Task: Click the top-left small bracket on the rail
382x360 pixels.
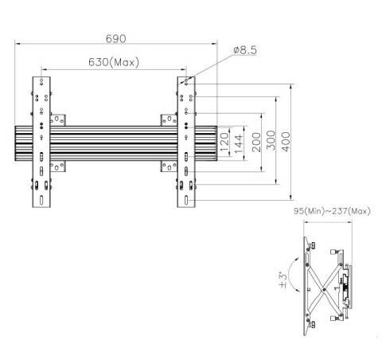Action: (x=58, y=119)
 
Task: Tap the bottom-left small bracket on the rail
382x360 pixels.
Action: (x=58, y=167)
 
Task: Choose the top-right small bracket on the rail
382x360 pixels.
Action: (x=169, y=119)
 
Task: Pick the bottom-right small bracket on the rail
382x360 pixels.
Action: (x=169, y=167)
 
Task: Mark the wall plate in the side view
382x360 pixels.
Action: (x=306, y=282)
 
